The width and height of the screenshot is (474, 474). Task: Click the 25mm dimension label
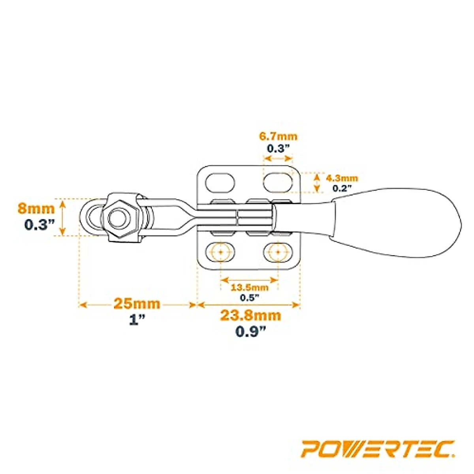tap(137, 304)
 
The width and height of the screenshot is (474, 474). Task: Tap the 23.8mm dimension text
tap(250, 316)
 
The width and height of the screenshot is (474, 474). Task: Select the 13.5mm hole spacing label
tap(249, 287)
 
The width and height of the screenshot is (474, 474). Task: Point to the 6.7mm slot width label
tap(278, 137)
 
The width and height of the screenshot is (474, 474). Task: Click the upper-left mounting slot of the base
tap(220, 182)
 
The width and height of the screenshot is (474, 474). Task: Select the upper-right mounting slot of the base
tap(278, 182)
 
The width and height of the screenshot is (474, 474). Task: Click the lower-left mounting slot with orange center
tap(220, 251)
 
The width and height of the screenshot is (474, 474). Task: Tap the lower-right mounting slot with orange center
tap(278, 251)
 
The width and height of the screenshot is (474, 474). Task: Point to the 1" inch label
tap(137, 320)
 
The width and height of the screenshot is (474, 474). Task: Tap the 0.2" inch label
tap(342, 188)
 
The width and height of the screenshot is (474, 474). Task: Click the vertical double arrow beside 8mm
tap(62, 217)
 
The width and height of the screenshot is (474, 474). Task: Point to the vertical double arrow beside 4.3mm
tap(316, 182)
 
